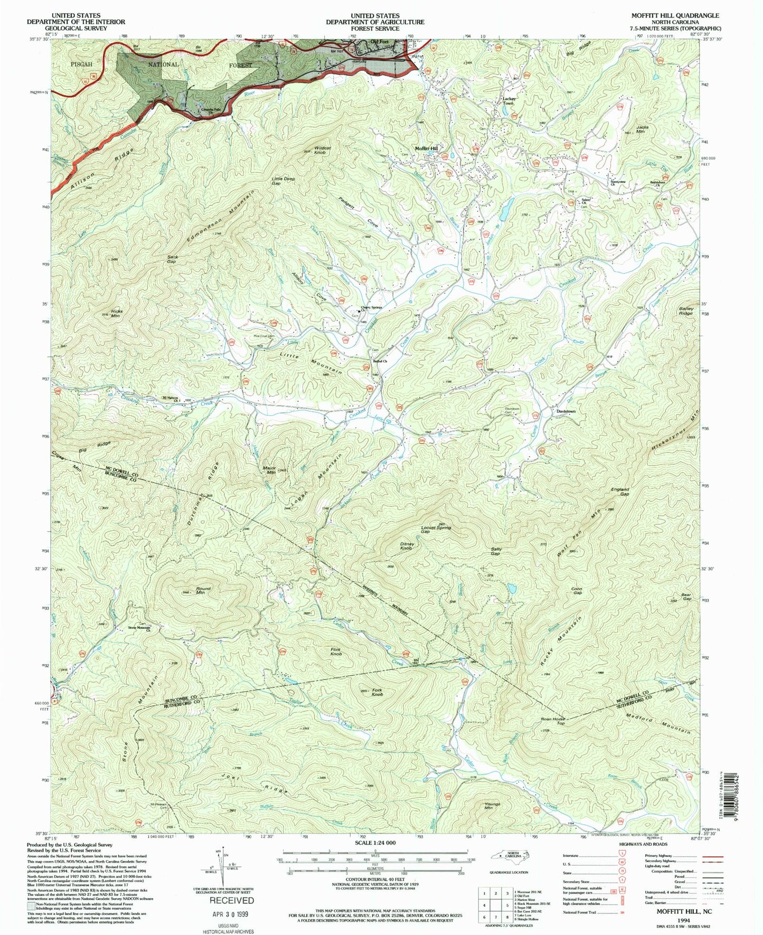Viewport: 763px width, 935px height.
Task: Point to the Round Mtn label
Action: point(203,590)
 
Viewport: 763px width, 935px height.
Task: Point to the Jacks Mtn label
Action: point(642,128)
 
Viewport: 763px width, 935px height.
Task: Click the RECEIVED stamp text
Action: point(231,900)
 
